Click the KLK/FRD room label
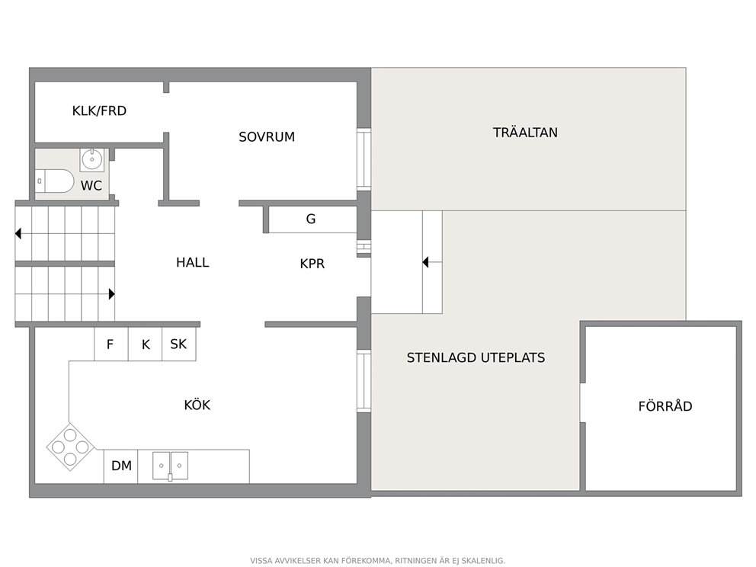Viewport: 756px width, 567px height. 99,111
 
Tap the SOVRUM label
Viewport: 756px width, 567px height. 267,137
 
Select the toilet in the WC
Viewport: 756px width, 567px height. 54,181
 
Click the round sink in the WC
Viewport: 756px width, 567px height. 91,159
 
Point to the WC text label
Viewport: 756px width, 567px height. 91,186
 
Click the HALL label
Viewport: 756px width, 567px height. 192,262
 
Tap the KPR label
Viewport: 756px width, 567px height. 312,264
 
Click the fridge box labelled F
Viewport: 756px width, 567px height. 111,344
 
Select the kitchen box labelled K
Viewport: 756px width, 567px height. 145,344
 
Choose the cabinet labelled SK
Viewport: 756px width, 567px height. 179,344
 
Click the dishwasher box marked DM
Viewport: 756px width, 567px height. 120,466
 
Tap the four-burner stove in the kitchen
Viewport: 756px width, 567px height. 70,447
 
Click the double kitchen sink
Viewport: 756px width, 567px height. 170,466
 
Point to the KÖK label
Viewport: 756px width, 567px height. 197,405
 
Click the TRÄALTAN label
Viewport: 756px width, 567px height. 525,133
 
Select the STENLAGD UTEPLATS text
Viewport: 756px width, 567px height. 476,357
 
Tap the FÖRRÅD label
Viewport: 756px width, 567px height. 665,406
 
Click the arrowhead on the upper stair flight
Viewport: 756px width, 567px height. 18,234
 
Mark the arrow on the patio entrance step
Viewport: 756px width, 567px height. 432,262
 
